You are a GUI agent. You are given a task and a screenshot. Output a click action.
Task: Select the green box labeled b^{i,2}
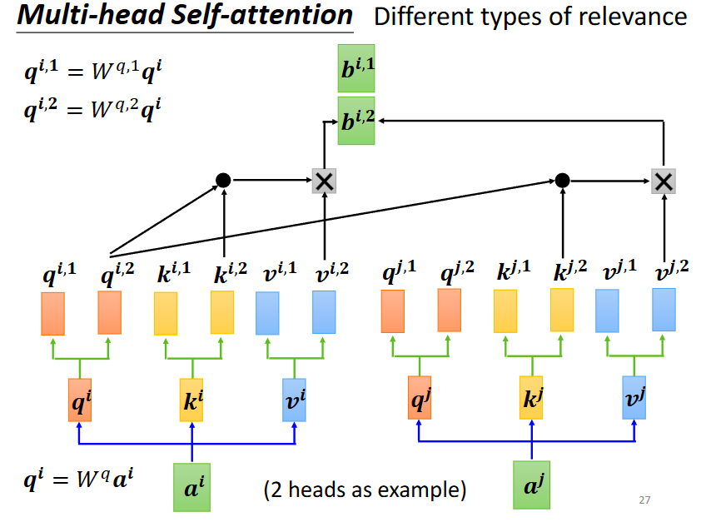356,122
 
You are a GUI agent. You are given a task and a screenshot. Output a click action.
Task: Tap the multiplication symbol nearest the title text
323,180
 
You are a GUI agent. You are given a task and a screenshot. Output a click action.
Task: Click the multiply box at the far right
663,180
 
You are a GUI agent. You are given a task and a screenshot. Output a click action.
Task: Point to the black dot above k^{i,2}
223,180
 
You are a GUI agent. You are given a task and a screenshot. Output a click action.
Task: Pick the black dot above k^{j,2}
563,180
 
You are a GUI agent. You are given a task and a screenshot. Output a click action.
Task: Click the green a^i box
192,486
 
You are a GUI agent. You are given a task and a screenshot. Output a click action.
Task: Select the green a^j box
531,485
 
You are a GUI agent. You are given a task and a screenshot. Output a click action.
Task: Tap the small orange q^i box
79,399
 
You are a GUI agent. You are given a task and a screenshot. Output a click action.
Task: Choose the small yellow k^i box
192,399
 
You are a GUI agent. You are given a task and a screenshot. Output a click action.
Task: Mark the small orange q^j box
419,396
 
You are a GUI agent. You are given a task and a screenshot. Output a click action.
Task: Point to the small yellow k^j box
531,396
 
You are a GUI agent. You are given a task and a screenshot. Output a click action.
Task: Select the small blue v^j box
634,396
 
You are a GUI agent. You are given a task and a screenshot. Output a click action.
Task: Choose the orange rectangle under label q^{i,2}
109,312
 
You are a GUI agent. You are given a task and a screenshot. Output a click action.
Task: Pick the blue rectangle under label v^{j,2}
664,310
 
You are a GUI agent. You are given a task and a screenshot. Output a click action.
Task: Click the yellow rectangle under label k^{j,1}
505,311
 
